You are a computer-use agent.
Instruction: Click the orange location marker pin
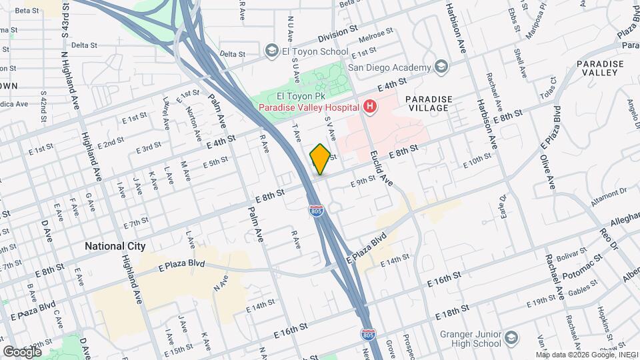coord(320,159)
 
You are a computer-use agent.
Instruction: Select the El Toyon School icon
coord(271,51)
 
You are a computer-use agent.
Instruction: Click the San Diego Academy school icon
coord(441,67)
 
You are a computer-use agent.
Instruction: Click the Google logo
coord(22,351)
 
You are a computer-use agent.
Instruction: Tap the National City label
coord(115,246)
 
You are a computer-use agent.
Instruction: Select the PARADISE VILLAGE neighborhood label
coord(429,105)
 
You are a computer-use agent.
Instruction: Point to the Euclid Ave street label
coord(382,167)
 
